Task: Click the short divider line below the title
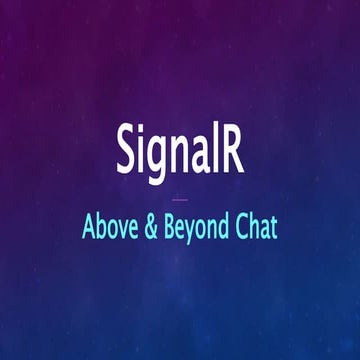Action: click(x=180, y=198)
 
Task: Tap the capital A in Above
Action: click(x=90, y=227)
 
